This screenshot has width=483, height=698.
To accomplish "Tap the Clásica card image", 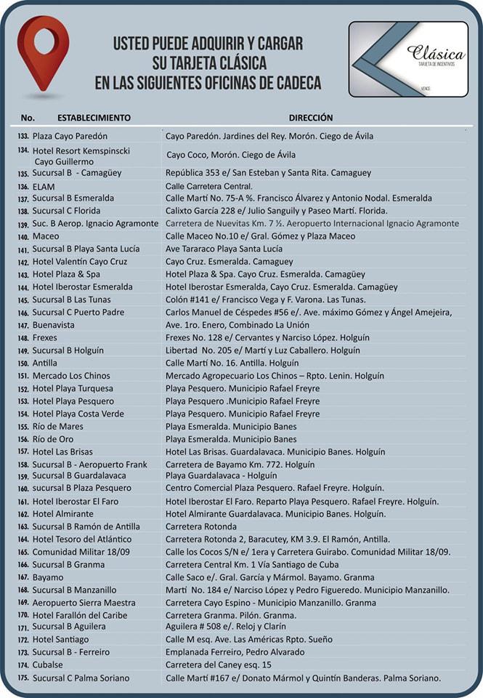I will tap(408, 59).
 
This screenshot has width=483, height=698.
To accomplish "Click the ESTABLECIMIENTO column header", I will tap(94, 117).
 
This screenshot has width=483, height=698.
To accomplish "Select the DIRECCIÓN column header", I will tap(311, 117).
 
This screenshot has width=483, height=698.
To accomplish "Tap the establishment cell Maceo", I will tap(46, 236).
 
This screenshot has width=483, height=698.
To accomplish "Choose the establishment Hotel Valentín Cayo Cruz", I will tap(80, 262).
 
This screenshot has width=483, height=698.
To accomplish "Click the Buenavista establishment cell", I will tap(53, 325).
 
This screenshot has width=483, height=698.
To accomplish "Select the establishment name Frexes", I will tap(45, 338).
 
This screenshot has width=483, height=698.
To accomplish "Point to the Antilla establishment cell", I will tap(45, 363).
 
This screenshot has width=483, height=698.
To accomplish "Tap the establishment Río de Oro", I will tap(53, 439).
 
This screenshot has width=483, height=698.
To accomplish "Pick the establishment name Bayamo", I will tap(48, 577).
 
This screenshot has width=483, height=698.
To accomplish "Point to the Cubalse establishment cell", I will tap(48, 665).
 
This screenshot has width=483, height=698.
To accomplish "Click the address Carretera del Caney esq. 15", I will tap(218, 665).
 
